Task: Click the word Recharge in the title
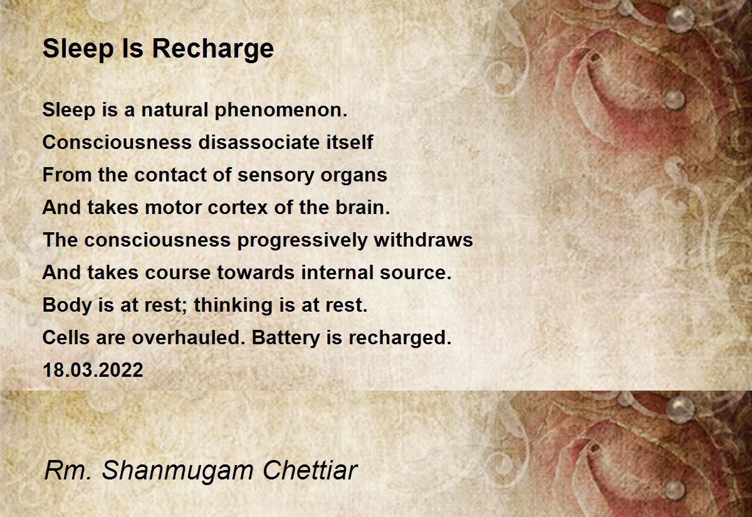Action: tap(213, 49)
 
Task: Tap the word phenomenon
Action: tap(281, 110)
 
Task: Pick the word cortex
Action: tap(238, 208)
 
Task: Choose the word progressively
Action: tap(302, 241)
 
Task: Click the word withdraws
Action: tap(424, 240)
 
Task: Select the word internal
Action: tap(337, 272)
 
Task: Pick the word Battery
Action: tap(285, 338)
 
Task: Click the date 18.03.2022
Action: tap(93, 370)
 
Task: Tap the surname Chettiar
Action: tap(310, 470)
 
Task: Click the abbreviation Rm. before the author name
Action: tap(68, 471)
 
